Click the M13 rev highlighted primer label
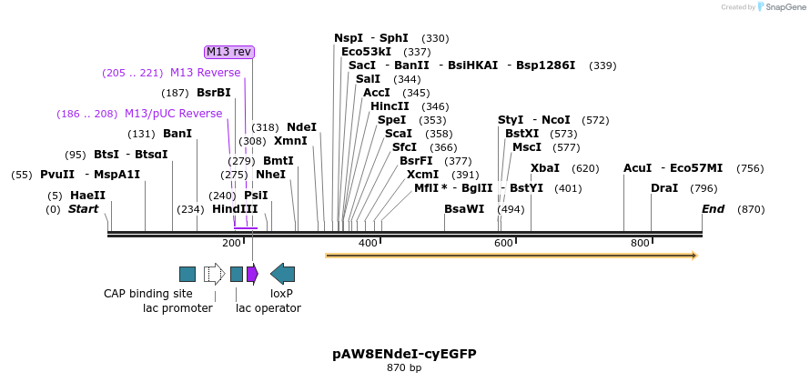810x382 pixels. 229,52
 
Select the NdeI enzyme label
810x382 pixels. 301,127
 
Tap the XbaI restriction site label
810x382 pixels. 545,168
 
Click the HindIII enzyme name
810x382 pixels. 235,209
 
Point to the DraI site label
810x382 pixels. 664,188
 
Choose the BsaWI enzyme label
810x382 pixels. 464,209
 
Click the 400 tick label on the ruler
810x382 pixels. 368,243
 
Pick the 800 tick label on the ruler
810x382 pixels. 640,243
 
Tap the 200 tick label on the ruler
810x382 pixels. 231,243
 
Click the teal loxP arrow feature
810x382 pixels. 283,273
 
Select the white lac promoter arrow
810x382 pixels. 215,273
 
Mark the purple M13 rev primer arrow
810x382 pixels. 252,273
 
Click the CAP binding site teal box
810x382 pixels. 187,273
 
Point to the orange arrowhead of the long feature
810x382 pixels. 694,256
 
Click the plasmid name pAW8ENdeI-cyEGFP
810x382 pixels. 404,353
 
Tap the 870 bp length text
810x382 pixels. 404,368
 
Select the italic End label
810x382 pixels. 714,209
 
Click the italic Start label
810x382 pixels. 83,209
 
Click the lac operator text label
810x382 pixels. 268,308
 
